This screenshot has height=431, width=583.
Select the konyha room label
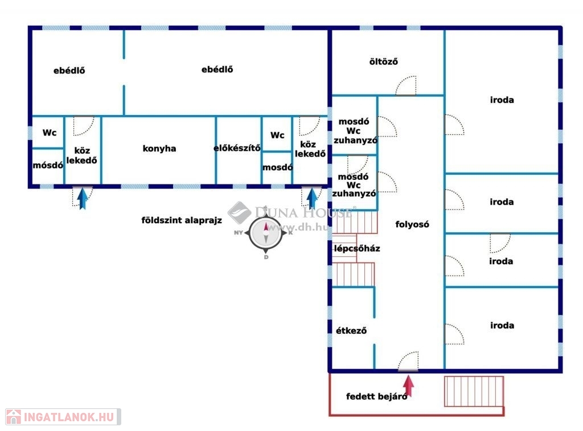point(159,149)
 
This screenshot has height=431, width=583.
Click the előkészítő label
point(237,149)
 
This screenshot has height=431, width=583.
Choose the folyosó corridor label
point(412,224)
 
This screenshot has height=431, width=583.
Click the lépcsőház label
point(357,249)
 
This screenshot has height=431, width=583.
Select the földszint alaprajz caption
point(182,220)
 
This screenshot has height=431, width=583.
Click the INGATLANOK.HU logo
point(63,416)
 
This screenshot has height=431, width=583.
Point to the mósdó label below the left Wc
point(48,166)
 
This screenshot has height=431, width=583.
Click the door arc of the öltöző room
point(407,86)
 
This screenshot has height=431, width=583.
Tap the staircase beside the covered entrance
point(474,391)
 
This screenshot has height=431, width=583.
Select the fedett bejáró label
point(376,397)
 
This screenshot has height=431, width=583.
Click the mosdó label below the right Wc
point(277,168)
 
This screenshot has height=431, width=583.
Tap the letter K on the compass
point(290,232)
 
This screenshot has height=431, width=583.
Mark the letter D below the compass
point(266,257)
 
